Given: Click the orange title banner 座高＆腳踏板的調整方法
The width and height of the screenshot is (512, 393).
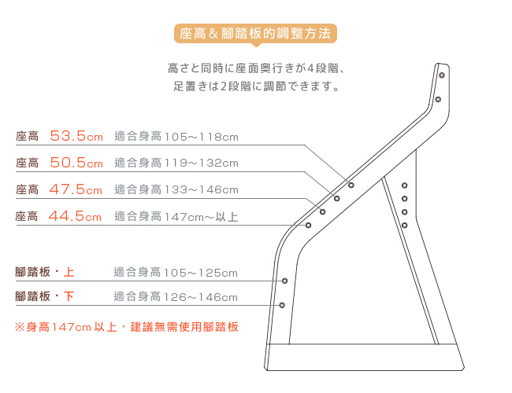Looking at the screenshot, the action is tap(255, 33).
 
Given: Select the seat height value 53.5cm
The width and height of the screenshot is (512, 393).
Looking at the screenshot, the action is tap(76, 135).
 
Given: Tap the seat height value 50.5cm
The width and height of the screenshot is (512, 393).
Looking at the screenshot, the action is tap(76, 162).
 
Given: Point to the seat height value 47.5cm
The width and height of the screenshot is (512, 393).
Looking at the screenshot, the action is tap(76, 189).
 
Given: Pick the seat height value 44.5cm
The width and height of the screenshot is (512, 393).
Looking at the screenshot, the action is tap(75, 215).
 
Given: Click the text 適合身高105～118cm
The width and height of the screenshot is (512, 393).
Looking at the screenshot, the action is tap(176, 136).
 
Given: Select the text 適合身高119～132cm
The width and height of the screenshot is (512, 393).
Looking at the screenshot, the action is tap(176, 163).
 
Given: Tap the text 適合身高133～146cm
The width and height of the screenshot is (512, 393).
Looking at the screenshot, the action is tap(176, 189).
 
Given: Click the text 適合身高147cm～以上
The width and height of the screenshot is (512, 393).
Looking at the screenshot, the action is tap(176, 216).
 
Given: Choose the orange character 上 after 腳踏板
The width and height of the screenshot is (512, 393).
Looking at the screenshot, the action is tap(69, 272).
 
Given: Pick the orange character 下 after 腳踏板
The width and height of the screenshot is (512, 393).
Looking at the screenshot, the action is tap(69, 296).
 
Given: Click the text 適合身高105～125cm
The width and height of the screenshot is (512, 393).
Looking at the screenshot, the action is tap(176, 273).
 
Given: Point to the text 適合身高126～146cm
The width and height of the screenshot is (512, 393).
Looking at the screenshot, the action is tap(176, 297).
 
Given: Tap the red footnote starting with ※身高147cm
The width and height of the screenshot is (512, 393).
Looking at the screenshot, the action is tap(127, 327).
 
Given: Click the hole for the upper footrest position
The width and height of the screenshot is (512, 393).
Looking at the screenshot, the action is tap(284, 281).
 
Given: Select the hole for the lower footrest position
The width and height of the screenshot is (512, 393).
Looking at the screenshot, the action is tap(282, 305).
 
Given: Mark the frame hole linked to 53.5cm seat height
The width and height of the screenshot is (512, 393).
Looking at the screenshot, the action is tap(351, 185).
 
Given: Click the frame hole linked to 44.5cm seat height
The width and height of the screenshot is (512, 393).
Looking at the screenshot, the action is tap(308, 225).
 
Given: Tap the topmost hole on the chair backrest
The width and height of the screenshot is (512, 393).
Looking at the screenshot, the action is tap(442, 75).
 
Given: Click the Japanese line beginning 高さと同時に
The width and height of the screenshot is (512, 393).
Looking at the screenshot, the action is tap(257, 68).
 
